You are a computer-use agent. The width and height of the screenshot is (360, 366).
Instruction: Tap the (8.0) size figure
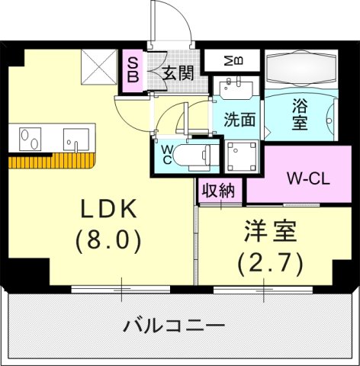108,241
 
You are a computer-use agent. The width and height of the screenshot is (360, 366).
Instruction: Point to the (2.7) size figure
270,263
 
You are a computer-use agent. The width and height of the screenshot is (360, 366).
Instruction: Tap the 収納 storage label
218,190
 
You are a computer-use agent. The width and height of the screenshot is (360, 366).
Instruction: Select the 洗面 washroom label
239,120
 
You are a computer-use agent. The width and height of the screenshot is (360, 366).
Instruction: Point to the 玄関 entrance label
176,73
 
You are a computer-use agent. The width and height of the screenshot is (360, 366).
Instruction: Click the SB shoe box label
133,69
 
